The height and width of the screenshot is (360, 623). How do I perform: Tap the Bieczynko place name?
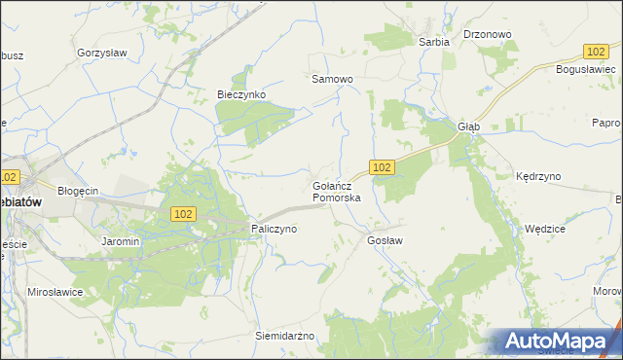(x=240, y=94)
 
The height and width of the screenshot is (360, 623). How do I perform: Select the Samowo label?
(x=331, y=79)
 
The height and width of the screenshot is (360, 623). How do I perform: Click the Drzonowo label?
(x=488, y=34)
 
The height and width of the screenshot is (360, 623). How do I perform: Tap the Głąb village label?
(x=469, y=126)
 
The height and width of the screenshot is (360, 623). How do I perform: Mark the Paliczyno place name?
(x=274, y=229)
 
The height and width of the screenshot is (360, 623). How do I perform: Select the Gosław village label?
(x=385, y=239)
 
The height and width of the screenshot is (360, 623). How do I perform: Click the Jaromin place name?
(x=121, y=240)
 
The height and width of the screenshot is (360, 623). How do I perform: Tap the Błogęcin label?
(x=78, y=191)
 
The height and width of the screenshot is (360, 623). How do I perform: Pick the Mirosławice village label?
(x=54, y=292)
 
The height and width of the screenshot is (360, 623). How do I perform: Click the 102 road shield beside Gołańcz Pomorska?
(x=383, y=167)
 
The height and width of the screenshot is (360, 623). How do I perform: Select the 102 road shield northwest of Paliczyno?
(x=184, y=213)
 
